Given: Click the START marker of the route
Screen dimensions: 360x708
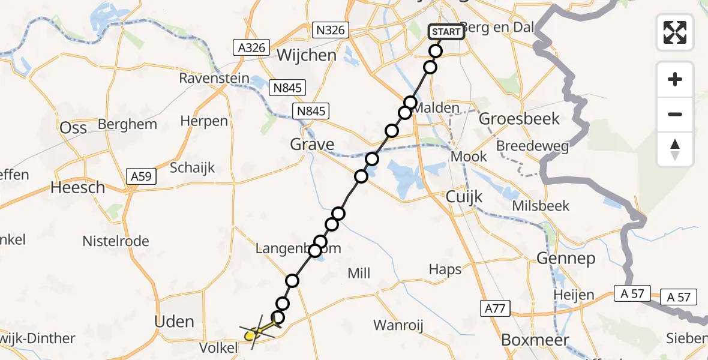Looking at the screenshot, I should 446,32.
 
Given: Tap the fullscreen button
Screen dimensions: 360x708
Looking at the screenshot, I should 675,32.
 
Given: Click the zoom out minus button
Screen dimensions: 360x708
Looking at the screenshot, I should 675,114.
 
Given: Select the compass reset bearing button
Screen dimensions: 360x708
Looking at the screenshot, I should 675,149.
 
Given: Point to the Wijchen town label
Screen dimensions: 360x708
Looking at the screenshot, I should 306,55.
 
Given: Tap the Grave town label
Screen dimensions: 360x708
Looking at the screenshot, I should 312,145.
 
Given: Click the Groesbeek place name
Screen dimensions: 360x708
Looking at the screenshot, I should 519,119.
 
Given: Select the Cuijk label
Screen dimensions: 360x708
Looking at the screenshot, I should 464,197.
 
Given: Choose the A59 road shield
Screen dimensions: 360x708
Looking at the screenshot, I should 142,176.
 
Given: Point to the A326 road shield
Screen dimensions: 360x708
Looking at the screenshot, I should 251,47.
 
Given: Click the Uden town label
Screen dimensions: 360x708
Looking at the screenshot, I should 174,322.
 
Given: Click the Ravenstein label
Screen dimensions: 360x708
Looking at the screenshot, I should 209,79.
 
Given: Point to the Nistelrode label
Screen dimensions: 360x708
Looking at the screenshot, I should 116,241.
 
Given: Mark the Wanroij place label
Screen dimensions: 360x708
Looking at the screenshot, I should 398,326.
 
